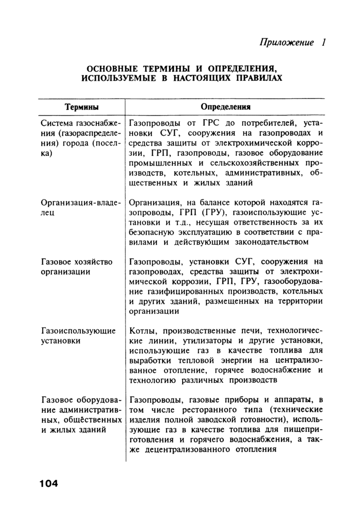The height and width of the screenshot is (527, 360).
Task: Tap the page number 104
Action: pos(48,483)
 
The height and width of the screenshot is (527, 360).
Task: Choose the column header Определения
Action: pos(225,107)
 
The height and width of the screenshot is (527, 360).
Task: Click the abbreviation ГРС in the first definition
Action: pos(213,123)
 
